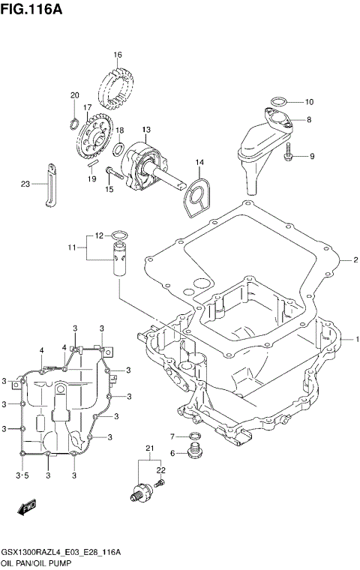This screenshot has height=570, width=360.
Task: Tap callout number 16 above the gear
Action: click(118, 55)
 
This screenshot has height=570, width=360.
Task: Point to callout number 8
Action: click(309, 119)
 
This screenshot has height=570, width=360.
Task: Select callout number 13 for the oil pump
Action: click(147, 129)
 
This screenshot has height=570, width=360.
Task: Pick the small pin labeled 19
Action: click(92, 164)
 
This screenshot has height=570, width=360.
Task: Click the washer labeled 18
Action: click(118, 150)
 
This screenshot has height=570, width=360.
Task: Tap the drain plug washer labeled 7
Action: click(194, 436)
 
